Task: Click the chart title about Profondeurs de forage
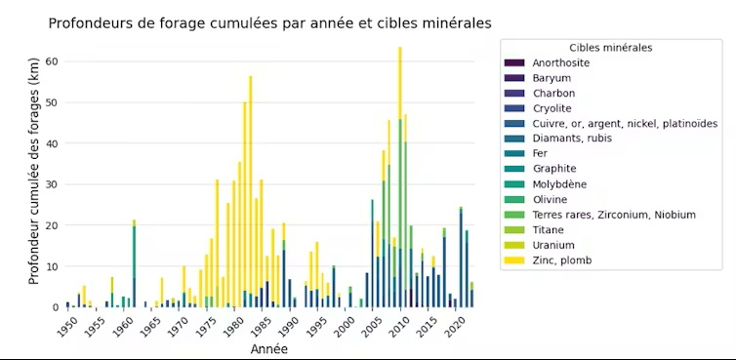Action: pos(270,21)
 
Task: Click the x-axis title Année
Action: pos(268,348)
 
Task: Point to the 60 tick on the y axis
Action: pos(53,61)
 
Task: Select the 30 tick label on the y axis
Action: pos(53,184)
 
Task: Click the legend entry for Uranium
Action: pos(553,245)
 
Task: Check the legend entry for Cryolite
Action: pos(552,108)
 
